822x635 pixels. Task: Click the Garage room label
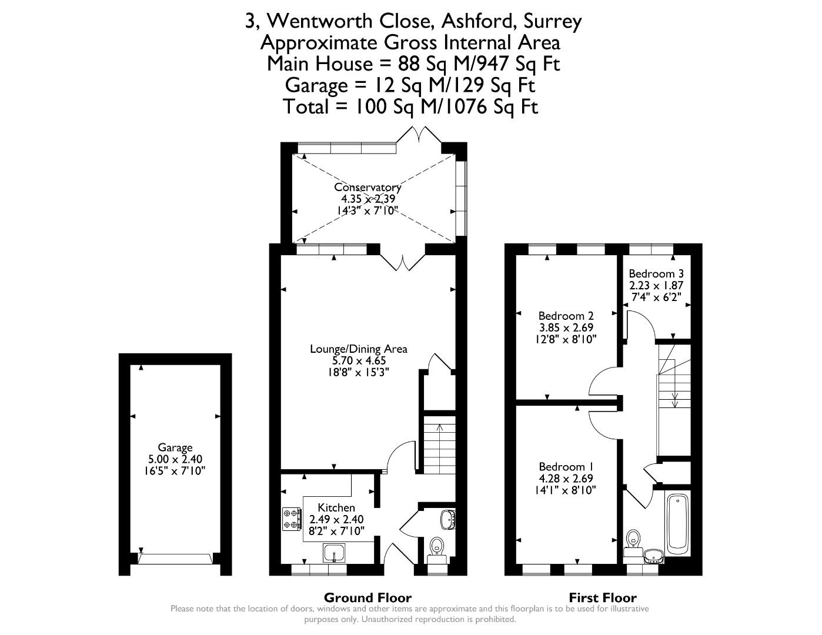coord(175,447)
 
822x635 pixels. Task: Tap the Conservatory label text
coord(367,187)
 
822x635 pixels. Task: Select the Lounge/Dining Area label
coord(359,349)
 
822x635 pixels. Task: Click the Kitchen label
coord(336,507)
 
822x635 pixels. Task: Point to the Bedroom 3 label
coord(656,273)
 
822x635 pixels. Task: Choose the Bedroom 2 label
coord(566,315)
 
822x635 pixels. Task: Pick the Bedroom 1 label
coord(566,466)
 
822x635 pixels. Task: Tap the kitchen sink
coord(334,553)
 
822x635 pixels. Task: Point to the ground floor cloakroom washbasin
coord(448,520)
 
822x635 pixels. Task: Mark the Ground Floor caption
coord(367,598)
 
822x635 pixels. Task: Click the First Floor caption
coord(603,598)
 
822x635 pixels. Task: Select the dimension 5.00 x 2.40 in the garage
coord(175,459)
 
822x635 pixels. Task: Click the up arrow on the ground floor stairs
coord(440,429)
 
